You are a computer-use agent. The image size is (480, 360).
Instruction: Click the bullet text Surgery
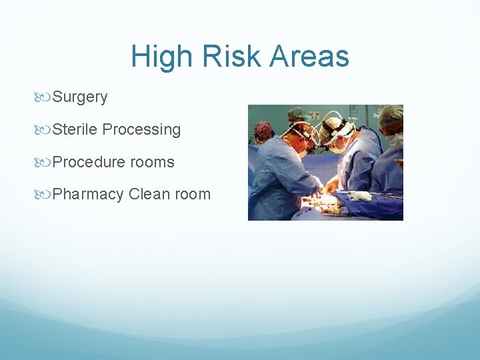coord(80,97)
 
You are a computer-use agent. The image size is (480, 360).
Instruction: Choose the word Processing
coord(141,130)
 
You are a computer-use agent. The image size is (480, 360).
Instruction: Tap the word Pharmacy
coord(88,195)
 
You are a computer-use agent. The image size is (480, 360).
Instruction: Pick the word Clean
coord(149,195)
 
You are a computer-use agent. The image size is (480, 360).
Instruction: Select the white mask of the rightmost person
coord(396,141)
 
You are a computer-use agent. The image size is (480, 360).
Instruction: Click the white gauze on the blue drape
coord(360,196)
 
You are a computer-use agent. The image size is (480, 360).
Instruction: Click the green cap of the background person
coord(296,113)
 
